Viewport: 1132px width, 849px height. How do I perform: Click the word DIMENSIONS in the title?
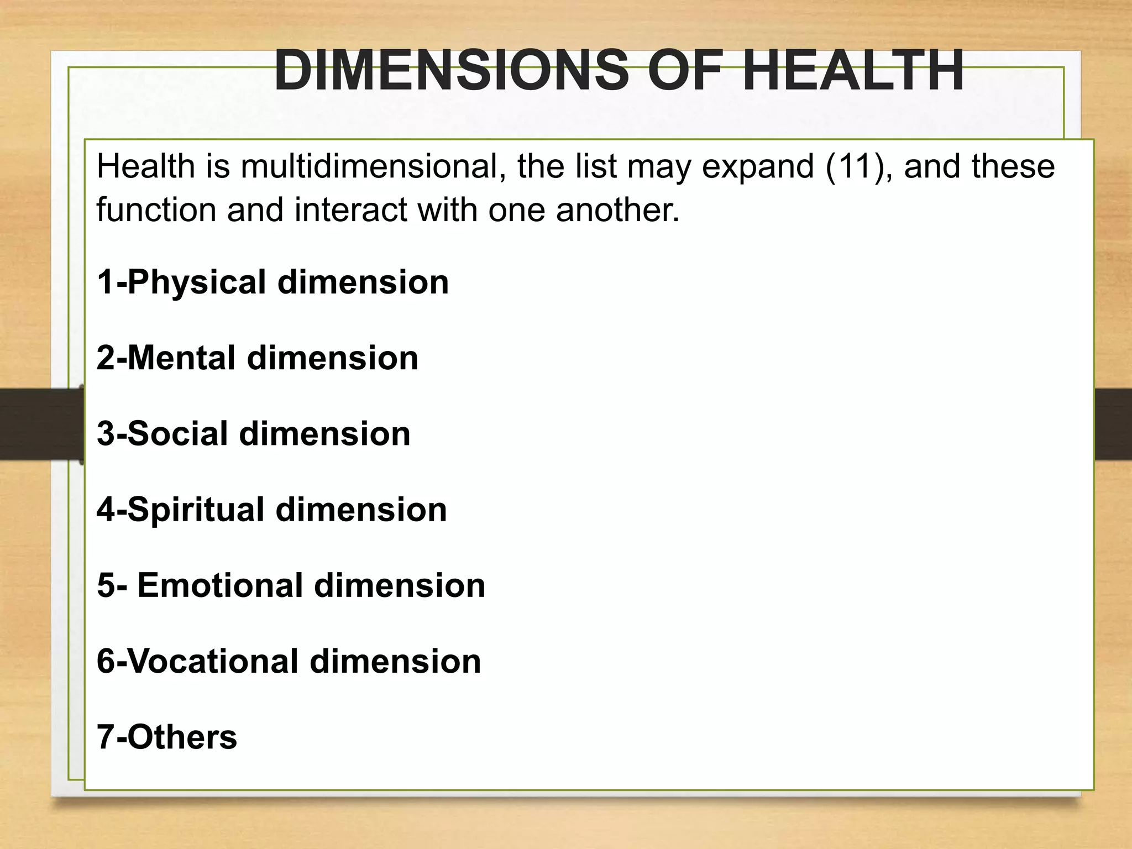click(451, 71)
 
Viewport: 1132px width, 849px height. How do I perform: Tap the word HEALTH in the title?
click(853, 71)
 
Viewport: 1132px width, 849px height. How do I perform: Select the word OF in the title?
click(685, 71)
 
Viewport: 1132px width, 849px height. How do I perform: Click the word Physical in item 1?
click(197, 282)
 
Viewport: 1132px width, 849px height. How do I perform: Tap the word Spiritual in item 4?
click(196, 509)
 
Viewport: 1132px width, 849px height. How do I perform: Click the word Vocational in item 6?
click(213, 661)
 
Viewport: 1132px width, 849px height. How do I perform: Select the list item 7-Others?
click(167, 737)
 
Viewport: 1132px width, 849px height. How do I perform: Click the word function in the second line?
click(156, 210)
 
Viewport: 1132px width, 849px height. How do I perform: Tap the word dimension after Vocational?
click(395, 661)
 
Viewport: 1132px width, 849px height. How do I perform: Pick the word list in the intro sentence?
click(595, 166)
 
